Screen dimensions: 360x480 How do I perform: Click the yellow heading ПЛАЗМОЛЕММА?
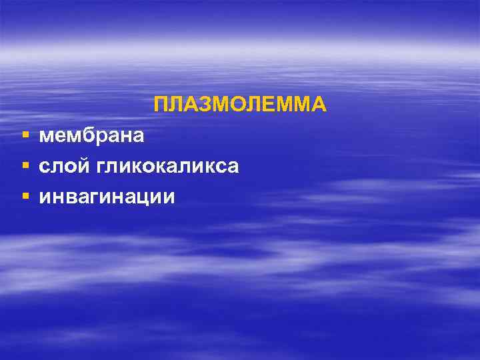click(x=240, y=105)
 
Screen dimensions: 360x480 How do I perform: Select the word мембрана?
click(x=91, y=136)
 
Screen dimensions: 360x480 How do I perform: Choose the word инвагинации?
click(x=107, y=197)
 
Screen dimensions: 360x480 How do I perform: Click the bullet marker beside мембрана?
click(x=25, y=136)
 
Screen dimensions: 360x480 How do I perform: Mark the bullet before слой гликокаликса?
click(x=25, y=166)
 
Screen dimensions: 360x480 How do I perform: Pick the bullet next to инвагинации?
click(x=25, y=197)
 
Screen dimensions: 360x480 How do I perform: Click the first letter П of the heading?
click(x=161, y=105)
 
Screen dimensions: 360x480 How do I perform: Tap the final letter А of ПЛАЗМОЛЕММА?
click(x=319, y=105)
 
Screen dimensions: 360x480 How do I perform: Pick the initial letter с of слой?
click(x=45, y=167)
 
